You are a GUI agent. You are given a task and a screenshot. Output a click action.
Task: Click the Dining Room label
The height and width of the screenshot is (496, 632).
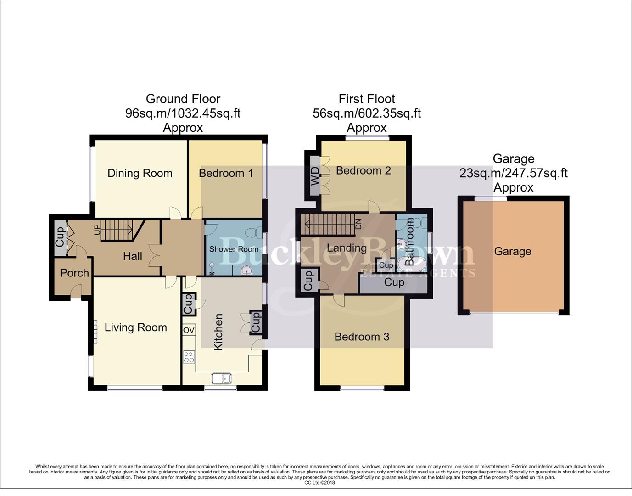coord(140,173)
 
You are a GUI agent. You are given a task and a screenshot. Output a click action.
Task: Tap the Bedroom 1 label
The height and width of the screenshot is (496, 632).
coord(225,173)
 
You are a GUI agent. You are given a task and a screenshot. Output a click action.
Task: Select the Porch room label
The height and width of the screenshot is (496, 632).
coord(74,273)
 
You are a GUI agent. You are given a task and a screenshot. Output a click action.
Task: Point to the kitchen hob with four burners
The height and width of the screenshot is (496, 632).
coord(189,357)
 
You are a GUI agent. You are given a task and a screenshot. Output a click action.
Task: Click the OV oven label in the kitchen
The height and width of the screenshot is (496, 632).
coord(189,330)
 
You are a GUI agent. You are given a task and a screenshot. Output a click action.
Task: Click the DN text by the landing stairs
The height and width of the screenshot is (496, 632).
coord(358,224)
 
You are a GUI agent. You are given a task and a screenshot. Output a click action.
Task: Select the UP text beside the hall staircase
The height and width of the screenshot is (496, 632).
coord(97,230)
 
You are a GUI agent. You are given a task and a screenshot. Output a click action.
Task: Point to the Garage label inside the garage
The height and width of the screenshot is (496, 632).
coord(513,251)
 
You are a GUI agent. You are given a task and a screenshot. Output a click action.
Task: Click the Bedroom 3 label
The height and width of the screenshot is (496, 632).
coord(362,337)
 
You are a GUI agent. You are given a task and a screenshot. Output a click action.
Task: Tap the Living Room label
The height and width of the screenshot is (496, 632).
coord(135,327)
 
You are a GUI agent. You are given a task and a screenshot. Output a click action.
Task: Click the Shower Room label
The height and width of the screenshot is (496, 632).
coord(234,249)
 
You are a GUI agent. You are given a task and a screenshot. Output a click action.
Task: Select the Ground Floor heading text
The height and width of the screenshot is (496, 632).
coord(183,99)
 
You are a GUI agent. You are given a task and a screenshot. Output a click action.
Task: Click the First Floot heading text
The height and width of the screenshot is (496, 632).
coord(366,99)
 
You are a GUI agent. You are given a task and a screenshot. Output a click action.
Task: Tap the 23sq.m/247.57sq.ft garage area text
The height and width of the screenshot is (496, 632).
coord(513,173)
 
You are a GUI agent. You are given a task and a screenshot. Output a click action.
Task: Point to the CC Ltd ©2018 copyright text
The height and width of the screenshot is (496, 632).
coord(319,483)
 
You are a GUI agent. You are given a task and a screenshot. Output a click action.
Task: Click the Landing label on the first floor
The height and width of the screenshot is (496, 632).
coord(347,248)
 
